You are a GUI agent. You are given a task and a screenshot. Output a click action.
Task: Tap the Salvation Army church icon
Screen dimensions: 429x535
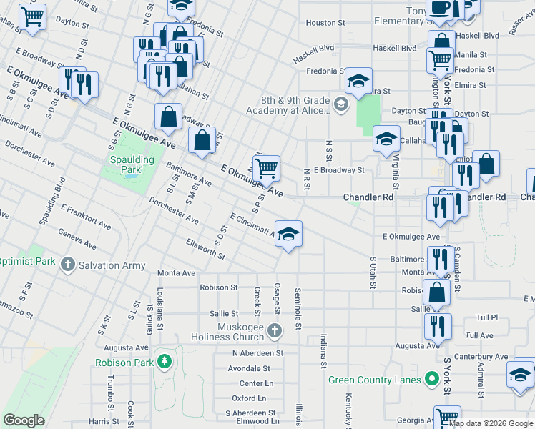pos(68,265)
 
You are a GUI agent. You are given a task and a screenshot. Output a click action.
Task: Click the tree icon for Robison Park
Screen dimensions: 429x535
pos(165,362)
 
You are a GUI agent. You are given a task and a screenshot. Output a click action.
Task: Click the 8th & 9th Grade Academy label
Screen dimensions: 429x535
pos(288,105)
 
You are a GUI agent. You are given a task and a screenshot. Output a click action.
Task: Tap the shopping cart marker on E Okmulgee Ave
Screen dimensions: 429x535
pos(266,169)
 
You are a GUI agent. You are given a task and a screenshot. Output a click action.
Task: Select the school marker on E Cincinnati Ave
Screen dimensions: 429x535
pos(288,235)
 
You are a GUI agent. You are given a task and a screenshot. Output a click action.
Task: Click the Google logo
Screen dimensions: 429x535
pos(24,420)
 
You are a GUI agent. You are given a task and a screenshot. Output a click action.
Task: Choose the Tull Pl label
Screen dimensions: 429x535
pos(486,317)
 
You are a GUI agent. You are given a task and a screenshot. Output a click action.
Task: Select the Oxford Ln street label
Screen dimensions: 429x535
pos(249,398)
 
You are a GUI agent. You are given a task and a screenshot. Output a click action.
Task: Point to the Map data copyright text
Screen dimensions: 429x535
pos(491,423)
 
